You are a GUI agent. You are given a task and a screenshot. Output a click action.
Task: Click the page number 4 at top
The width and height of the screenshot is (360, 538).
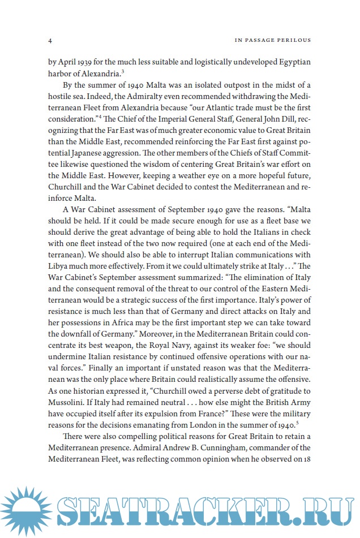[x=51, y=41]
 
